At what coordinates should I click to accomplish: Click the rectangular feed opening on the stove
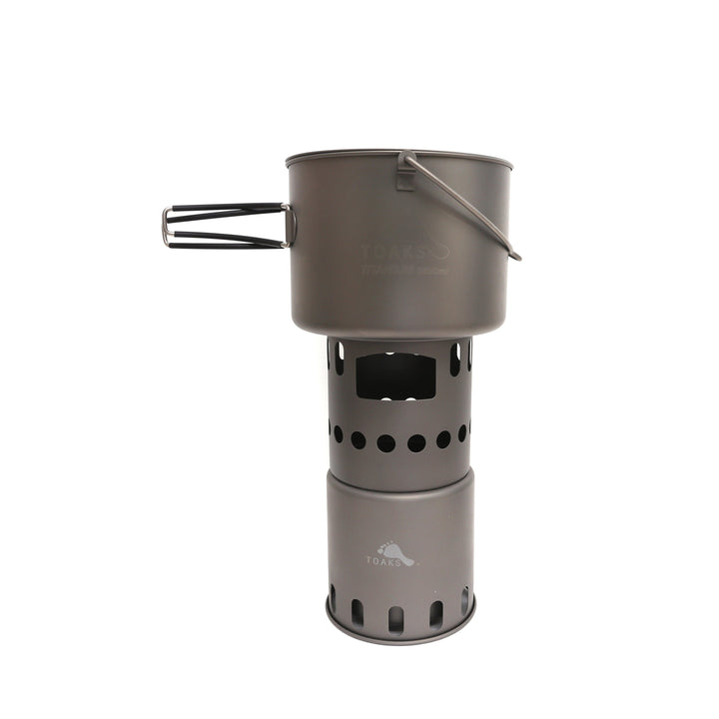pos(395,376)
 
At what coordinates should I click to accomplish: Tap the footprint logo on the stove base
pos(395,551)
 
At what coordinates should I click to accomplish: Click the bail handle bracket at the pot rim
pos(405,171)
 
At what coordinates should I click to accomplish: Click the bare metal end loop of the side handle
pos(167,227)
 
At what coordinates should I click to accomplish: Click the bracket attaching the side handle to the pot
pos(290,225)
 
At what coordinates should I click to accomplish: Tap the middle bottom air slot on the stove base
pos(396,617)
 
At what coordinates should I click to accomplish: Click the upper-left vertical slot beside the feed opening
pos(340,358)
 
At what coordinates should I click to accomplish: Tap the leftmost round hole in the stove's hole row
pos(332,431)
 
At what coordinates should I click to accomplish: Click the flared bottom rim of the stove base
pos(399,636)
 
